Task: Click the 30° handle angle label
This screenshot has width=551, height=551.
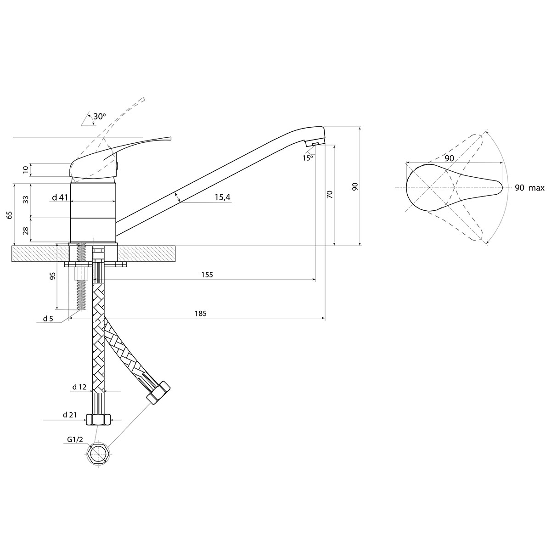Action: click(x=100, y=116)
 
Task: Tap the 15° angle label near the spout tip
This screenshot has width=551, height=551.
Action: click(x=308, y=158)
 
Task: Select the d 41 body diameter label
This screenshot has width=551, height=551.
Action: click(x=60, y=197)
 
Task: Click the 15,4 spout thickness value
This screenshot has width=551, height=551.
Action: click(x=222, y=197)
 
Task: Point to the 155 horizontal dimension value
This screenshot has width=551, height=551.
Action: click(x=207, y=275)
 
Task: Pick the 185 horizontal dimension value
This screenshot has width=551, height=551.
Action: click(x=201, y=314)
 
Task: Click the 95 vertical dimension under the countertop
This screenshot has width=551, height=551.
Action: click(x=53, y=276)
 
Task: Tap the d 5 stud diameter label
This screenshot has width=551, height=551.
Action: click(x=48, y=319)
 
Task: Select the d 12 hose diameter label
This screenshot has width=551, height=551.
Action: click(x=79, y=387)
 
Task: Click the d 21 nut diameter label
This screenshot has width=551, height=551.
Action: click(x=70, y=415)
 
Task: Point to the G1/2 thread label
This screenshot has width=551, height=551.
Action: click(x=75, y=439)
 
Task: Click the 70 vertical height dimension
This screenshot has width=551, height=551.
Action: click(x=330, y=194)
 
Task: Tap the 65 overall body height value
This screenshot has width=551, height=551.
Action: click(x=10, y=215)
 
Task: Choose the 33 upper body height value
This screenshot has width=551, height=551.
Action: click(x=26, y=199)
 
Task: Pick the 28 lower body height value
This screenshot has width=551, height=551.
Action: click(x=26, y=231)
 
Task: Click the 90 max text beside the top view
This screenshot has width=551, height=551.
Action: click(x=529, y=188)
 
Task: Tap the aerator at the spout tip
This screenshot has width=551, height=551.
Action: click(x=315, y=142)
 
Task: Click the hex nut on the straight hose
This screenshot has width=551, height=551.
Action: click(x=98, y=420)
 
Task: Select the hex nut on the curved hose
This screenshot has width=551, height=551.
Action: click(x=158, y=392)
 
